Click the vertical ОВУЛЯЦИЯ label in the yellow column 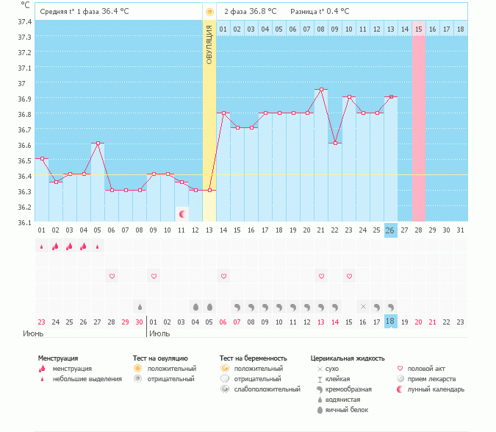[209, 44]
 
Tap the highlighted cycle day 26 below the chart [391, 230]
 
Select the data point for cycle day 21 [321, 90]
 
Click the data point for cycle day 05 [98, 144]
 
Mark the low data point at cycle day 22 [335, 144]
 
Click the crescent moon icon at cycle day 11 [181, 213]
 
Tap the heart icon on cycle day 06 [112, 276]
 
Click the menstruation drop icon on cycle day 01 [42, 247]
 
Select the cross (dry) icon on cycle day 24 [363, 306]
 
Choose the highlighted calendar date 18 [391, 322]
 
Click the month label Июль [159, 333]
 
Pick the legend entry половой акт [426, 368]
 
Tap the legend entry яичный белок [347, 409]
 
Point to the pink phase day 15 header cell [419, 29]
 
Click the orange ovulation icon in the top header [209, 12]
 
